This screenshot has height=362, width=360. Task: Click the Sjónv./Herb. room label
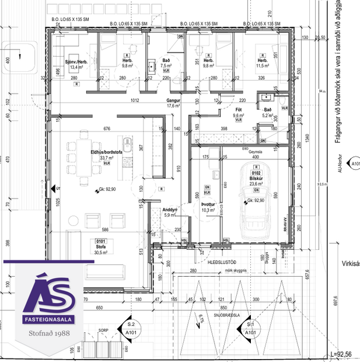pos(76,64)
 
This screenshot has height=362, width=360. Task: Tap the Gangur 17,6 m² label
pos(173,103)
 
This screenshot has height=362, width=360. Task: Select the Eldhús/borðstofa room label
pos(106,154)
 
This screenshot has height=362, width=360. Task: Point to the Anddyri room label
pos(170,212)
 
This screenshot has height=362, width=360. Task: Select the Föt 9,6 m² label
pos(238,113)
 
